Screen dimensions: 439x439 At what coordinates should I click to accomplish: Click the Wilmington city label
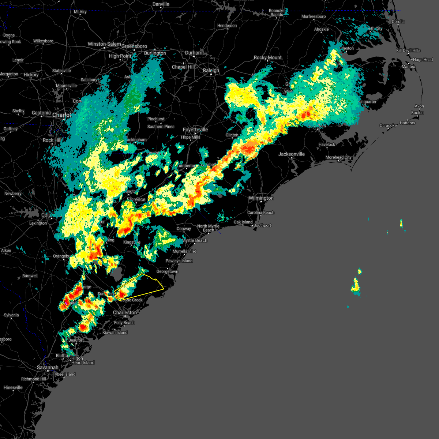point(261,198)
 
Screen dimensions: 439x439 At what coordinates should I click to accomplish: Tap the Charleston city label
point(125,312)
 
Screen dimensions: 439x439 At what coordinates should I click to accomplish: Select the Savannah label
point(48,367)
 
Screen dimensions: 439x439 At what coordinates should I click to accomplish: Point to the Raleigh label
point(211,70)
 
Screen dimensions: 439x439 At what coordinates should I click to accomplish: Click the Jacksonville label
point(291,154)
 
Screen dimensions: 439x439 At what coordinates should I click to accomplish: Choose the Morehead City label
point(338,157)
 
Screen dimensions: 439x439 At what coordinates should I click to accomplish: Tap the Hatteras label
point(407,123)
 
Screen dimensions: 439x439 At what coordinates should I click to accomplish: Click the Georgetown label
point(167,271)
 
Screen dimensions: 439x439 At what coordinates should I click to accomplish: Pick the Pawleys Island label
point(179,261)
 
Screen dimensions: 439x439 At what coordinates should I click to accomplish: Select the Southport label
point(262,225)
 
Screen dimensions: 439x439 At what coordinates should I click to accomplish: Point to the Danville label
point(161,4)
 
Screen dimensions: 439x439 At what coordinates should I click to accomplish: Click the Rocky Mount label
point(267,57)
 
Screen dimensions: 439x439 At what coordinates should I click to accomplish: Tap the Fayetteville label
point(195,130)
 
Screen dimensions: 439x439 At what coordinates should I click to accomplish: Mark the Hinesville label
point(13,387)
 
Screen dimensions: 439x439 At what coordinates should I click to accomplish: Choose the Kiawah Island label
point(115,333)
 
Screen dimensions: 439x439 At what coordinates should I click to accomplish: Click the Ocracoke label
point(388,125)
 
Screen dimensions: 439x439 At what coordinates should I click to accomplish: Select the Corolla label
point(398,22)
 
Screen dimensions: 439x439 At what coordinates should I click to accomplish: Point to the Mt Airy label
point(80,12)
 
